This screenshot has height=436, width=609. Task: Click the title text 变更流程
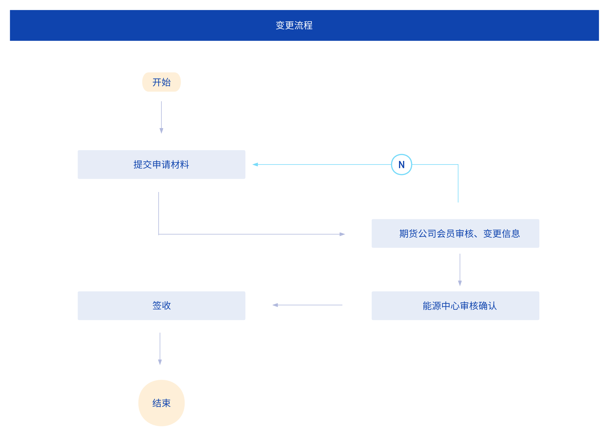click(294, 26)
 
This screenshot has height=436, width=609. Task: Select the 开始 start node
click(161, 82)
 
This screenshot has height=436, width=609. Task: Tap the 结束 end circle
click(161, 403)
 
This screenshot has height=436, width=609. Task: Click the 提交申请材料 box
click(161, 165)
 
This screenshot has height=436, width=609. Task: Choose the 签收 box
click(161, 306)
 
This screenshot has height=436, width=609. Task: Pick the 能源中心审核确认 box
click(455, 306)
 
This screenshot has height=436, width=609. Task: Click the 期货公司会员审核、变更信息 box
click(455, 233)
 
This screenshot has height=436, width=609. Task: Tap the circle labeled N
click(401, 165)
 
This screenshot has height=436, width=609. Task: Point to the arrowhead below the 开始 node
click(161, 131)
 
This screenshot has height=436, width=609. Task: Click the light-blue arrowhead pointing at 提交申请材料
click(255, 165)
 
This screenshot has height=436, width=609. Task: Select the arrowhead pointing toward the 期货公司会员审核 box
click(342, 234)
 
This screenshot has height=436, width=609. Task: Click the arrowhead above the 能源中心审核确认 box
click(460, 283)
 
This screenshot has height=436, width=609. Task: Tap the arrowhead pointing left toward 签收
click(275, 305)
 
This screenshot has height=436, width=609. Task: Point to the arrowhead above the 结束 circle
click(160, 362)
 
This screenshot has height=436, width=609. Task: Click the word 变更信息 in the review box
click(501, 234)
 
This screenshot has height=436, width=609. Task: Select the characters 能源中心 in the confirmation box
click(441, 306)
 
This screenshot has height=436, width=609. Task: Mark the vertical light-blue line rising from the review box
click(458, 183)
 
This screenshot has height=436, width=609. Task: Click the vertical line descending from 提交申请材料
click(159, 213)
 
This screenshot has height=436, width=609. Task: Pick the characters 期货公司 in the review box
click(417, 234)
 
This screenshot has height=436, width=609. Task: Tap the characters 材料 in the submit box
click(180, 165)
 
